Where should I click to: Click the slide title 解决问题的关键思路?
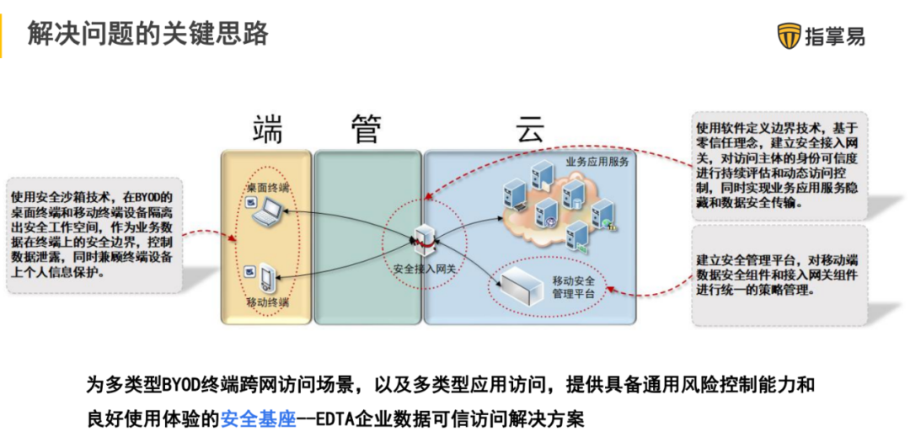pyautogui.click(x=148, y=34)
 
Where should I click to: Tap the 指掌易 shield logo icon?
pyautogui.click(x=790, y=36)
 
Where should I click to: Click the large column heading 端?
pyautogui.click(x=267, y=130)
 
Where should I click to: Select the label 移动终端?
pyautogui.click(x=268, y=301)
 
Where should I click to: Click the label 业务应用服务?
pyautogui.click(x=597, y=161)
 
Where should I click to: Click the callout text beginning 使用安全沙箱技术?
pyautogui.click(x=93, y=234)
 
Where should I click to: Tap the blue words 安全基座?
pyautogui.click(x=259, y=419)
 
